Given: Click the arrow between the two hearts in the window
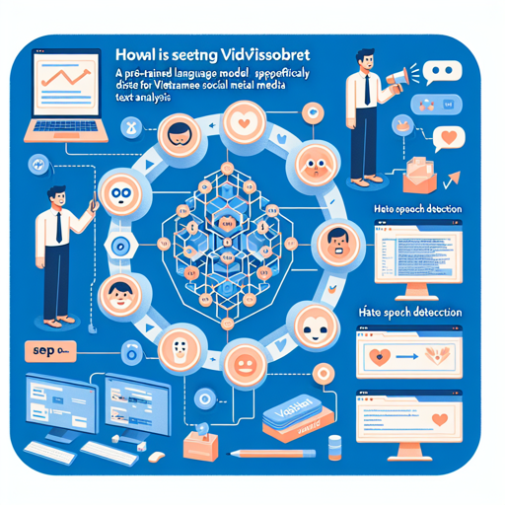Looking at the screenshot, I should click(x=407, y=355).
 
